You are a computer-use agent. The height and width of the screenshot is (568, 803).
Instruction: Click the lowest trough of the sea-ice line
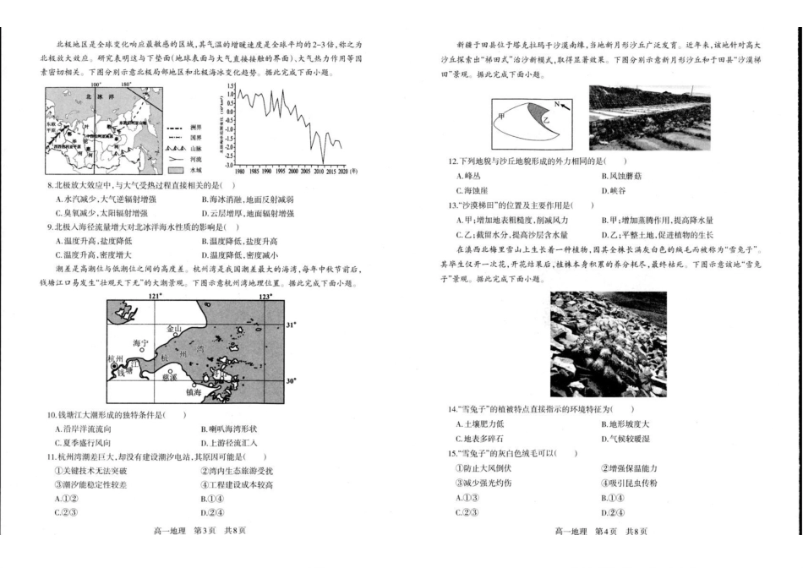[322, 161]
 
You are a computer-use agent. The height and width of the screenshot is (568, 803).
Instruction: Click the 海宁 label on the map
[140, 343]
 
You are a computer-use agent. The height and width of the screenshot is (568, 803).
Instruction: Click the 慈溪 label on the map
[169, 377]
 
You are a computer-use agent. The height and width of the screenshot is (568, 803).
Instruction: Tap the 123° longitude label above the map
[265, 297]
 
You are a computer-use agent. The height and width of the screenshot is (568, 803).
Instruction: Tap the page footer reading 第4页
[605, 531]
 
